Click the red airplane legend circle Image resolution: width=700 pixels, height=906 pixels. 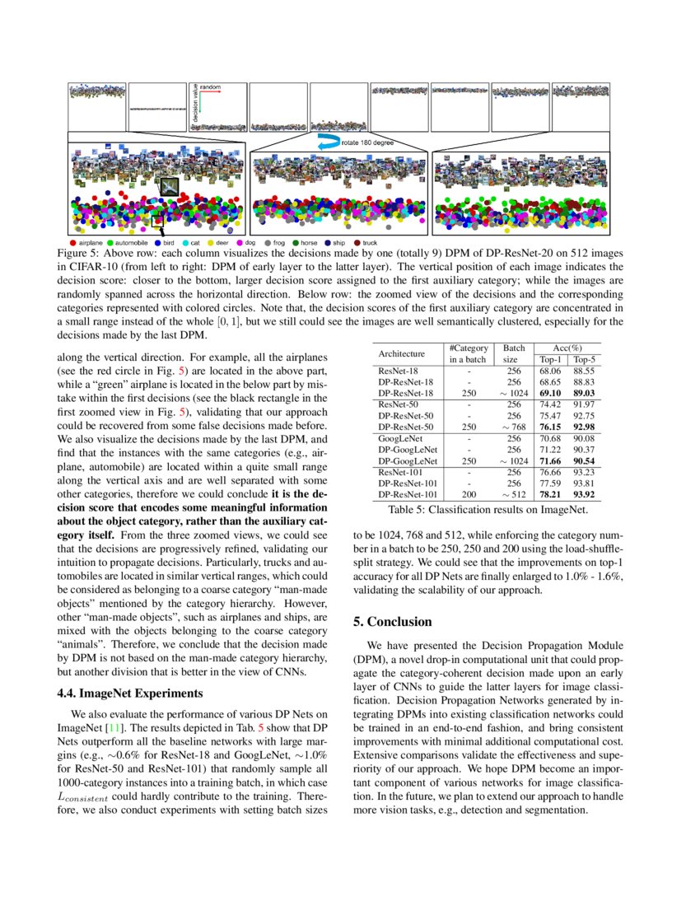click(x=73, y=243)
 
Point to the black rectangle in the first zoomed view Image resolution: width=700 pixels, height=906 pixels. click(x=158, y=220)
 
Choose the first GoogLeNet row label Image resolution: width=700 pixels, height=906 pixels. click(x=399, y=439)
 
